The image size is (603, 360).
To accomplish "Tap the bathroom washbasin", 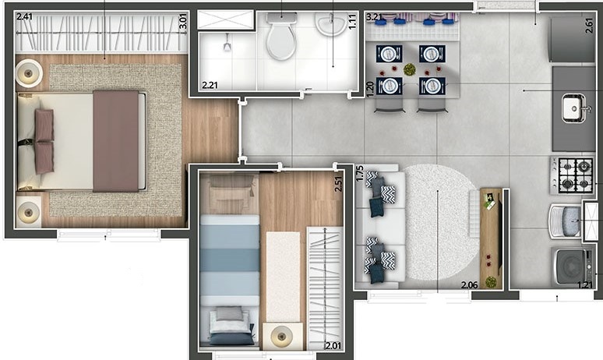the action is (330, 24).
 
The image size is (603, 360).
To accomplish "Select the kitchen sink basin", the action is (573, 108).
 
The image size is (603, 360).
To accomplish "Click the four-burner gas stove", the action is (572, 175).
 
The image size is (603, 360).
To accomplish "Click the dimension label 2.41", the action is (25, 16).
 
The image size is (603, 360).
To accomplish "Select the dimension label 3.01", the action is (183, 22).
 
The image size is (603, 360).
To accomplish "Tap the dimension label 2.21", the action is (210, 85).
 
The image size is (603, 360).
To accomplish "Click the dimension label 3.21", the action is (374, 17).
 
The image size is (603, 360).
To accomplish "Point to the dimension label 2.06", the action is (469, 285).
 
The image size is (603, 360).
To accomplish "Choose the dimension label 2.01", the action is (333, 346).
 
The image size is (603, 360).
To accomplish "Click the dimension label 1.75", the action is (360, 174).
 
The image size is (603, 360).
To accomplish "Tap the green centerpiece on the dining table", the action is (410, 69).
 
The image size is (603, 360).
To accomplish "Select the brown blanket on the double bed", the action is (116, 141).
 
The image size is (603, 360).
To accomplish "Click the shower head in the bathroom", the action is (227, 44).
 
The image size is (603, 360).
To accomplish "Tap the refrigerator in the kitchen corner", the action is (573, 39).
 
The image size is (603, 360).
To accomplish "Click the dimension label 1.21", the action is (586, 285).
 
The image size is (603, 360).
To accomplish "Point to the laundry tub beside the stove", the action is (566, 221).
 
